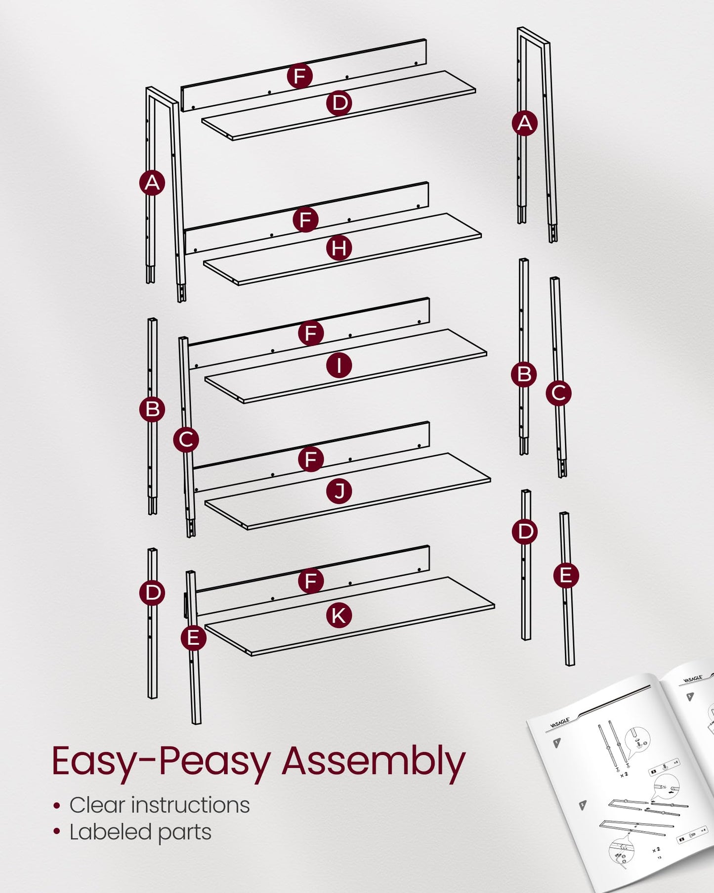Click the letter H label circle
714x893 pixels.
tap(339, 248)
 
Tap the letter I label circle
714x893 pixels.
tap(339, 365)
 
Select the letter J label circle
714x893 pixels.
tap(339, 491)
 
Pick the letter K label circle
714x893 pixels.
tap(339, 616)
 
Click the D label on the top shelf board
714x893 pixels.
tap(339, 103)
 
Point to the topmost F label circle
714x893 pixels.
tap(300, 76)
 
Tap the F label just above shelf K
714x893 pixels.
tap(311, 580)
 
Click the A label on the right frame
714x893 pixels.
tap(525, 123)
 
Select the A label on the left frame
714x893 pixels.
tap(152, 183)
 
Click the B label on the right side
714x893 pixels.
tap(524, 374)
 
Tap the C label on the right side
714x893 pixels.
tap(559, 393)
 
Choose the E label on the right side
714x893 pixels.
tap(566, 576)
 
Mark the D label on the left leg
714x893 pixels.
tap(152, 592)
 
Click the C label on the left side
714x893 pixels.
tap(186, 440)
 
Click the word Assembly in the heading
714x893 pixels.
tap(374, 762)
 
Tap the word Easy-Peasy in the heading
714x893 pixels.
tap(161, 762)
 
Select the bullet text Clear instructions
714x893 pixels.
tap(159, 805)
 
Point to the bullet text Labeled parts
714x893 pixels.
tap(140, 832)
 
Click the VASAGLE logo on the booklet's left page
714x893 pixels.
tap(560, 723)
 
